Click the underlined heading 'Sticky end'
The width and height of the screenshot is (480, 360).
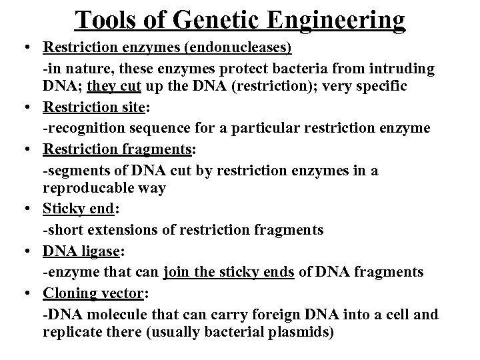[79, 209]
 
